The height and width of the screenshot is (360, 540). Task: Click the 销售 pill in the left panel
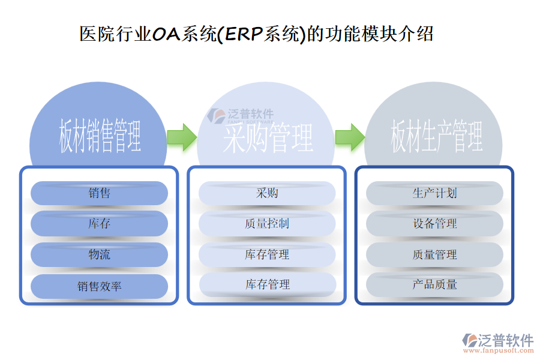tap(99, 193)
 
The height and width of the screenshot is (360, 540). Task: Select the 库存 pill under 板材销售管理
tap(99, 224)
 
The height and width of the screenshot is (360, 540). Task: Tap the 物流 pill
tap(99, 254)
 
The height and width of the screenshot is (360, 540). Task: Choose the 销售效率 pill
tap(99, 286)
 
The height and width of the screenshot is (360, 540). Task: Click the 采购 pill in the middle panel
tap(267, 193)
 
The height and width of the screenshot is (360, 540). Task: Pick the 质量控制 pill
tap(267, 224)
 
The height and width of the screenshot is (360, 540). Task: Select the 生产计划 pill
tap(435, 193)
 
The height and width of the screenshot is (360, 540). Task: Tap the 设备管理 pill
tap(435, 224)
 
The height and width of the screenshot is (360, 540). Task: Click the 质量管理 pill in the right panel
tap(435, 254)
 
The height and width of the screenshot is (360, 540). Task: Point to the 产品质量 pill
tap(435, 284)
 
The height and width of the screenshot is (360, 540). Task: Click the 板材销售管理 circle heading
tap(100, 137)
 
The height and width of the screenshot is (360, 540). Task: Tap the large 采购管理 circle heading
tap(268, 138)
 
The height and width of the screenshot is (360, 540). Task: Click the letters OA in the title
tap(166, 34)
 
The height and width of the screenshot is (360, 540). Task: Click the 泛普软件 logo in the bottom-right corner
tap(498, 341)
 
